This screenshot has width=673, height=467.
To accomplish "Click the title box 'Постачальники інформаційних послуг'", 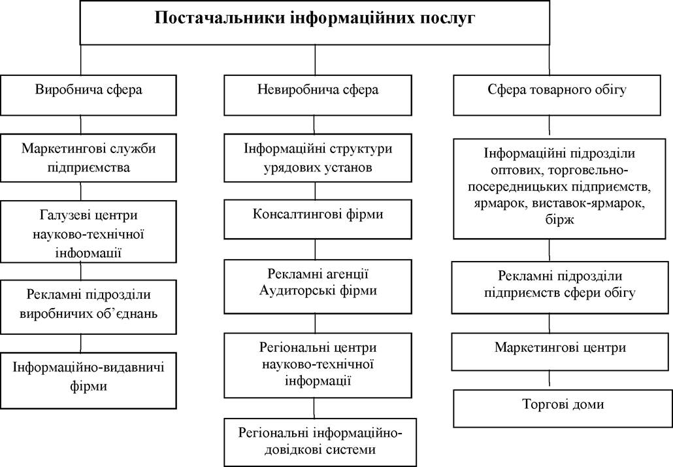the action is tap(314, 22).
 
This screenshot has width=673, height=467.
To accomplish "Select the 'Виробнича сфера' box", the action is tap(88, 95).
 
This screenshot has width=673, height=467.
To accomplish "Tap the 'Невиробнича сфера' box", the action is tap(318, 95).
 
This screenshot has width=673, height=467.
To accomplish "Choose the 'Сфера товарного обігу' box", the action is tap(557, 95).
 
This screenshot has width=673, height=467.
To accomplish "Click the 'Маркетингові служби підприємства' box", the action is tap(88, 158).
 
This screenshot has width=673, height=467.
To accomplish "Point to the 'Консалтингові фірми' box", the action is tap(318, 220).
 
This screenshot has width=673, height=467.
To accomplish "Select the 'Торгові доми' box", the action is tap(563, 408).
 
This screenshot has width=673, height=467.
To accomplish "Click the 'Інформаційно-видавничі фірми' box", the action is tap(88, 381).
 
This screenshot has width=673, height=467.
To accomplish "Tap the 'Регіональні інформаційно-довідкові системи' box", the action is tap(320, 442).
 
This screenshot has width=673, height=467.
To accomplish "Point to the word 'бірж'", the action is tap(560, 220).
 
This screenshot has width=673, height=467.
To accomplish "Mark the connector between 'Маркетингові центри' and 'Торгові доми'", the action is tap(550, 380).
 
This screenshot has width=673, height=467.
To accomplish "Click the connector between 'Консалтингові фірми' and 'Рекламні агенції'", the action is tap(316, 249).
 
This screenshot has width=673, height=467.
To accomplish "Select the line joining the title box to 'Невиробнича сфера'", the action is tap(315, 60).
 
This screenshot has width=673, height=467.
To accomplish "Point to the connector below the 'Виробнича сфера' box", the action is tap(80, 124).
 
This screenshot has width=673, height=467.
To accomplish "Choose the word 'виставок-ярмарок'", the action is tap(587, 203).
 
